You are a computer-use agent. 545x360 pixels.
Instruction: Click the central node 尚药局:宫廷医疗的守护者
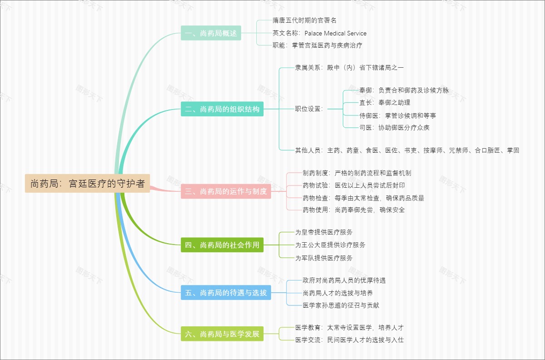[x=87, y=184]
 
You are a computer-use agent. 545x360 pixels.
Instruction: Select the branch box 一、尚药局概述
[x=211, y=33]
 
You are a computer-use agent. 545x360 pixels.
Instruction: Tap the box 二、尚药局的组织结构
[x=222, y=109]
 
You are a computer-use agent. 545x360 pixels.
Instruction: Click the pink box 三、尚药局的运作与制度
[x=226, y=191]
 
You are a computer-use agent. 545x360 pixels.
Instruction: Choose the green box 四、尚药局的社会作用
[x=222, y=245]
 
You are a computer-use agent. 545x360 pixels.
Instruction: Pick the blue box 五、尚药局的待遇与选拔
[x=226, y=293]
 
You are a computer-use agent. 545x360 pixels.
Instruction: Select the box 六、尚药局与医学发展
[x=222, y=334]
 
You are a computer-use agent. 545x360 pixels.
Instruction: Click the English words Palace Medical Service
[x=335, y=33]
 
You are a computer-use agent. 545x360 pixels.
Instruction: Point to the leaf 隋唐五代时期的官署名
[x=304, y=20]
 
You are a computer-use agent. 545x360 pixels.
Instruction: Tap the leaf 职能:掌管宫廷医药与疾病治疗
[x=317, y=45]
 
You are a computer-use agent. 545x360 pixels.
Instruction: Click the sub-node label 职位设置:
[x=309, y=109]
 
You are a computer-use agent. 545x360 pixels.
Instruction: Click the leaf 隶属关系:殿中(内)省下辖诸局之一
[x=349, y=68]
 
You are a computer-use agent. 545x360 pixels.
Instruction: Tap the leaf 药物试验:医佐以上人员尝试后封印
[x=353, y=185]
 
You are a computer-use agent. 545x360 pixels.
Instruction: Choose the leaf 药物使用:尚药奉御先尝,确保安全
[x=353, y=210]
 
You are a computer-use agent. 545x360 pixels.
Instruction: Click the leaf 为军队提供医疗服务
[x=324, y=258]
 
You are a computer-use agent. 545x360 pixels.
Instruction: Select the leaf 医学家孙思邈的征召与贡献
[x=341, y=305]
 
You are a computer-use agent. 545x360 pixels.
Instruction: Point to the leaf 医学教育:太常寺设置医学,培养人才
[x=349, y=328]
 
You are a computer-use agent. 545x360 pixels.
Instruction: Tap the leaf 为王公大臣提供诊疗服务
[x=330, y=245]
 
